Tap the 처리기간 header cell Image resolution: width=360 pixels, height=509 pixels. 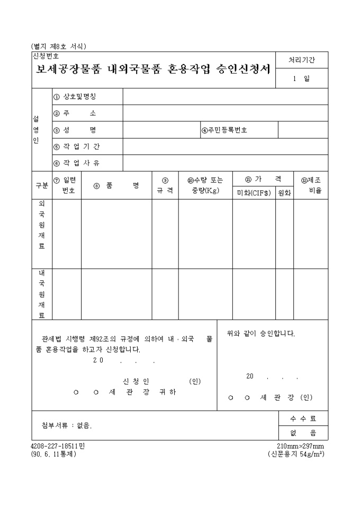[x=301, y=60]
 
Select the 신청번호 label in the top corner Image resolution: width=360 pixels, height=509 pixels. [x=46, y=55]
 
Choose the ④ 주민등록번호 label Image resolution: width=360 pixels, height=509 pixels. [x=224, y=130]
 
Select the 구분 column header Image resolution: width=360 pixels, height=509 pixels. [x=42, y=186]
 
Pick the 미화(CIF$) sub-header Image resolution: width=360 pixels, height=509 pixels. [x=254, y=193]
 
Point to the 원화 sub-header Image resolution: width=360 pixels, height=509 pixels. [x=284, y=193]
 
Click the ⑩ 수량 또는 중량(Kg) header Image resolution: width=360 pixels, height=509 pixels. [x=205, y=185]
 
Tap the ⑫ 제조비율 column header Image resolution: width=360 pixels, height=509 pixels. [x=311, y=185]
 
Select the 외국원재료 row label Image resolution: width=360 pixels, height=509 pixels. [x=42, y=224]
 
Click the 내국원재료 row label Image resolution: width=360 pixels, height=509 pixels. [x=42, y=294]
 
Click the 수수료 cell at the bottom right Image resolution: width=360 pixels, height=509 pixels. [x=303, y=419]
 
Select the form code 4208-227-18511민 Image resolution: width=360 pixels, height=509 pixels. [x=58, y=446]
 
